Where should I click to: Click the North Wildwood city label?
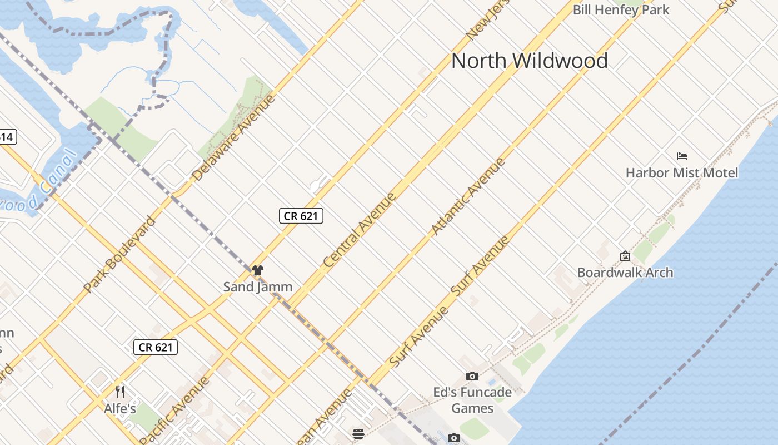tap(529, 60)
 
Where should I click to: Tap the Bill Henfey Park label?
tap(621, 9)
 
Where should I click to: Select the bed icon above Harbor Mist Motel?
tap(682, 156)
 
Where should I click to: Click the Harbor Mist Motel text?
tap(682, 172)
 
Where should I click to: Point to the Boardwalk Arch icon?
tap(625, 256)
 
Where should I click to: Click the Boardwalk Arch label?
tap(625, 272)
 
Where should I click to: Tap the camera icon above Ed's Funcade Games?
tap(472, 377)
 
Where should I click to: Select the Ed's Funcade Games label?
tap(472, 400)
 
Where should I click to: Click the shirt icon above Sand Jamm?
tap(257, 271)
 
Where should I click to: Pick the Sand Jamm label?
tap(257, 287)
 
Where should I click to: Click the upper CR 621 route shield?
tap(301, 216)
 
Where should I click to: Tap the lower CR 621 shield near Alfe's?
tap(156, 347)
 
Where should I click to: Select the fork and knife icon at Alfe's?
tap(119, 392)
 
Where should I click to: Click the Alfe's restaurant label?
tap(119, 409)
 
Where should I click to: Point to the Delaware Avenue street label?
tap(233, 137)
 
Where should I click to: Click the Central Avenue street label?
tap(360, 229)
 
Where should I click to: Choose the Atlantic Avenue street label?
tap(468, 196)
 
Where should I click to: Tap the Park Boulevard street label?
tap(119, 254)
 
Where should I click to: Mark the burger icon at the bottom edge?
tap(358, 433)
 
